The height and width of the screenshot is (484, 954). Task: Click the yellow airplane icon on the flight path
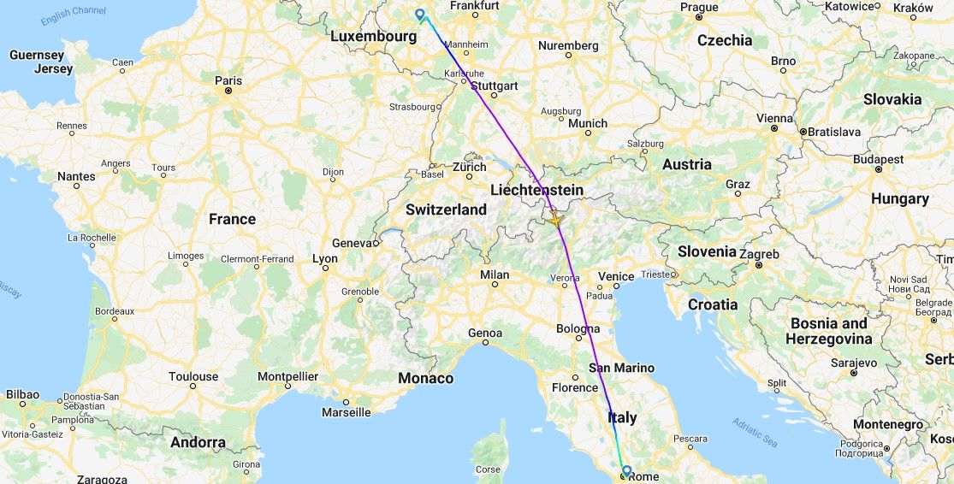click(x=555, y=219)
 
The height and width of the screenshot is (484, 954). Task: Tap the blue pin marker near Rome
click(x=626, y=470)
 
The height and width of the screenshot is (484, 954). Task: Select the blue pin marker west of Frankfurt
click(x=419, y=14)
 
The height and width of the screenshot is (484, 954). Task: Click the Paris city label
click(x=228, y=81)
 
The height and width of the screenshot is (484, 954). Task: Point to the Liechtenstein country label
click(x=537, y=190)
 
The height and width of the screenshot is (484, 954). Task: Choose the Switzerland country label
click(x=446, y=210)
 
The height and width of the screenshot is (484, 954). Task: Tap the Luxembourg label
click(x=373, y=37)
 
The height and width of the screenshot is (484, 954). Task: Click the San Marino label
click(x=621, y=368)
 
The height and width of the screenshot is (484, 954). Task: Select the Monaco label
click(x=425, y=378)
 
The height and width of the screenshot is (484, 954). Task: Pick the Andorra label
click(x=198, y=442)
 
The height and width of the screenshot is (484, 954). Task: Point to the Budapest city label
click(x=877, y=159)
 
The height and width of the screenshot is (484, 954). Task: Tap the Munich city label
click(x=587, y=123)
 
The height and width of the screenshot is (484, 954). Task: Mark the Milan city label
click(x=494, y=274)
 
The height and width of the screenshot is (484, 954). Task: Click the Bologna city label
click(x=578, y=328)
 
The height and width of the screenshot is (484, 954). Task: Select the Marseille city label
click(x=346, y=412)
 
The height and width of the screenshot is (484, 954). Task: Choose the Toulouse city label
click(x=193, y=376)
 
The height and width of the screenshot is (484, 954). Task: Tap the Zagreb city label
click(x=759, y=254)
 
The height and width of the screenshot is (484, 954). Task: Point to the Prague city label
click(x=699, y=7)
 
